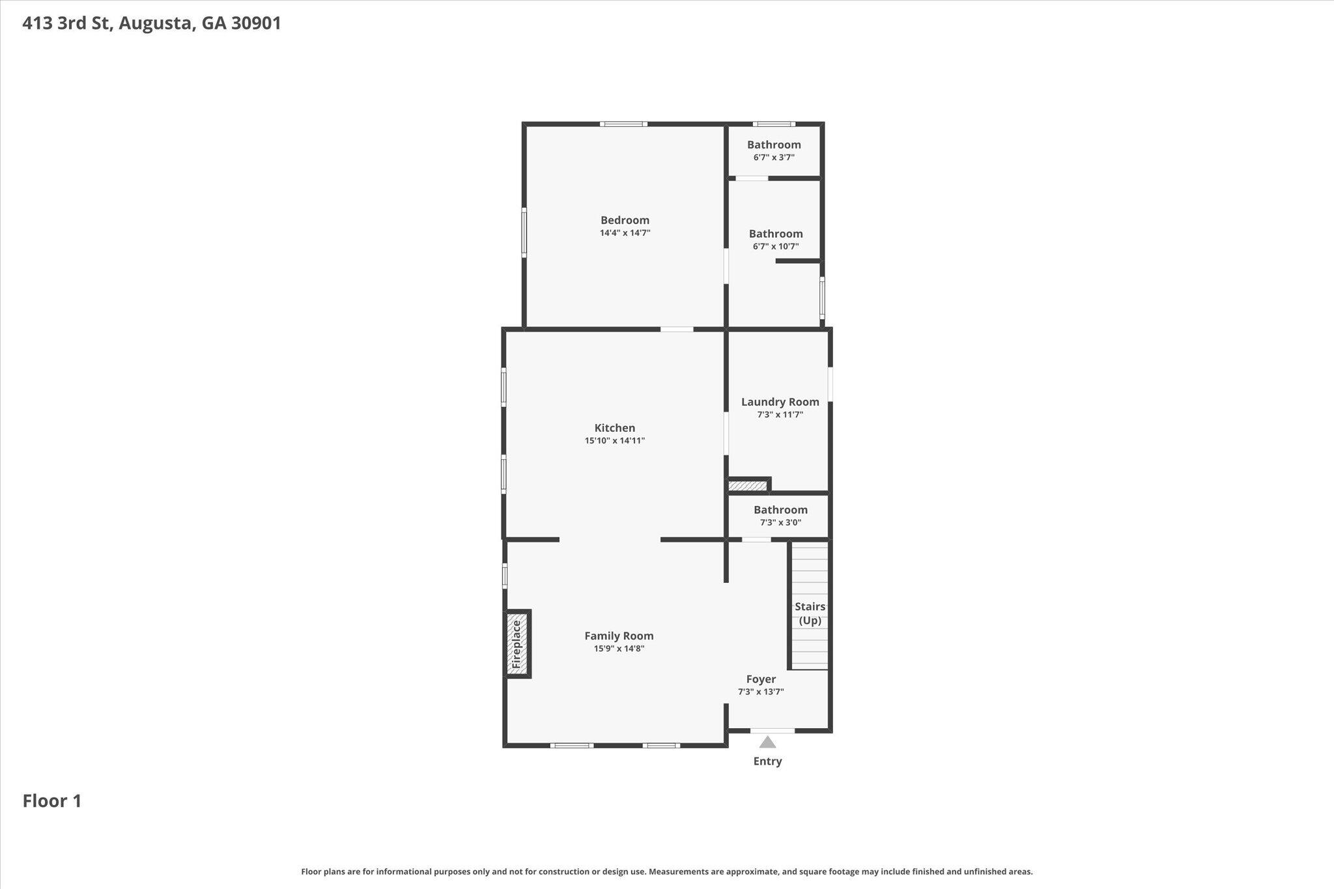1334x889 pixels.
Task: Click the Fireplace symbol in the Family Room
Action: pos(518,644)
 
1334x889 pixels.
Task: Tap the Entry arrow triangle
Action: pos(768,742)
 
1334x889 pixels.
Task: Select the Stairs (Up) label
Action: pos(810,614)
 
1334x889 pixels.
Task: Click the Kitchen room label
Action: pos(615,428)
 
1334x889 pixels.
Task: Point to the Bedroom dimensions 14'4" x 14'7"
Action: pos(625,233)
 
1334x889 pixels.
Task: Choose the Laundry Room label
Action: pos(780,402)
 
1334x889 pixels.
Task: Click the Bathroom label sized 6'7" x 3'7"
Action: pos(774,145)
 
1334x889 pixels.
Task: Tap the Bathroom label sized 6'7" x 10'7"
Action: pos(776,234)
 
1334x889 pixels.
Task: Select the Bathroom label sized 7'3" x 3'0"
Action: pos(780,510)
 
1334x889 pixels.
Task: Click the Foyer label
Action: pos(761,679)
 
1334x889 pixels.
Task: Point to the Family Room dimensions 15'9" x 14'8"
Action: pos(619,649)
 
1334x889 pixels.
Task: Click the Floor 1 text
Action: pos(52,801)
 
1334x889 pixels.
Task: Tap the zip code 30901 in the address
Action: pos(256,23)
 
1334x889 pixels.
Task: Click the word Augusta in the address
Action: pos(156,24)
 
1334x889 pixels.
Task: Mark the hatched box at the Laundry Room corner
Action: pos(748,486)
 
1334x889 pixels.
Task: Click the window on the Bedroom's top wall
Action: pos(623,124)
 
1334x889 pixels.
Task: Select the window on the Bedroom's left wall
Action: pos(524,233)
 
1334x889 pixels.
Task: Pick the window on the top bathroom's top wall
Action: pos(774,124)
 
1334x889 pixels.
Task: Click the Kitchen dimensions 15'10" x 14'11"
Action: pos(615,441)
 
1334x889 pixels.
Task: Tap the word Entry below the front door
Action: pos(768,761)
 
